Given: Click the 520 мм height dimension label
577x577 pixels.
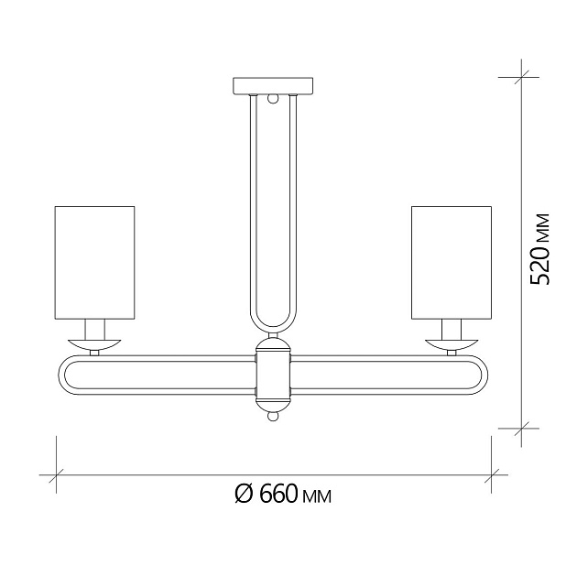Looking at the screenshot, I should pyautogui.click(x=541, y=248).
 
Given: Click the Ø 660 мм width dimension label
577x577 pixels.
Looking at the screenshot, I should pyautogui.click(x=282, y=495).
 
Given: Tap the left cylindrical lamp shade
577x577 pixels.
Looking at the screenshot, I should pyautogui.click(x=95, y=263).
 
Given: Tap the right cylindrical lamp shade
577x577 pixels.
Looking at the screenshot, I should pyautogui.click(x=452, y=263).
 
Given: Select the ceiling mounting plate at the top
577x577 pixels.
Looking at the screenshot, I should pyautogui.click(x=274, y=86).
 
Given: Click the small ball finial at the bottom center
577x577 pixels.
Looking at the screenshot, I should pyautogui.click(x=273, y=417).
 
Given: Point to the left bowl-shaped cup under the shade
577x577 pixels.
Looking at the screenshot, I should pyautogui.click(x=95, y=344).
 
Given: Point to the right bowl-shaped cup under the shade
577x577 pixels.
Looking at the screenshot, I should pyautogui.click(x=452, y=344).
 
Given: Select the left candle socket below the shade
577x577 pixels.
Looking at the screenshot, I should pyautogui.click(x=95, y=329).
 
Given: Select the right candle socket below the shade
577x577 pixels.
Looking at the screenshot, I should pyautogui.click(x=452, y=329).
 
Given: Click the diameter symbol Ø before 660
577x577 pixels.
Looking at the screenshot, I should pyautogui.click(x=243, y=495).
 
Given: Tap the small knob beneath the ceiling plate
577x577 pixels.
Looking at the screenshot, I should pyautogui.click(x=273, y=98).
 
